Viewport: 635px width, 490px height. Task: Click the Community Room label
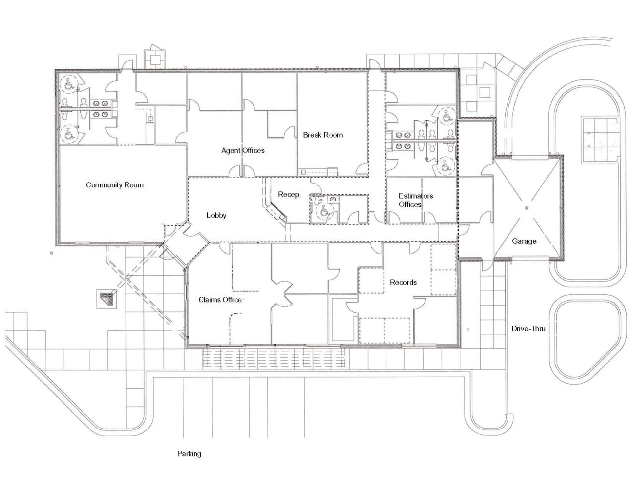pyautogui.click(x=115, y=185)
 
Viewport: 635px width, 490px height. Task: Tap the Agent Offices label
pyautogui.click(x=243, y=150)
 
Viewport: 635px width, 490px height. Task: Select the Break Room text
pyautogui.click(x=322, y=135)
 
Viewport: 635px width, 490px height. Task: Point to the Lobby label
pyautogui.click(x=216, y=215)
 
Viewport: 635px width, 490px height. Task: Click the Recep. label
pyautogui.click(x=289, y=195)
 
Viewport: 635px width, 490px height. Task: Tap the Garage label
pyautogui.click(x=524, y=241)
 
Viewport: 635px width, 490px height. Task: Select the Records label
pyautogui.click(x=403, y=282)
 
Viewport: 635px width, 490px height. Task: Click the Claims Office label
pyautogui.click(x=220, y=300)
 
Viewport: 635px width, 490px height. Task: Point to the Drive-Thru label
pyautogui.click(x=529, y=328)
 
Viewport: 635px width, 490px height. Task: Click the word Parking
pyautogui.click(x=189, y=453)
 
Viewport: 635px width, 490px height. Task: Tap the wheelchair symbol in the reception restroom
pyautogui.click(x=324, y=211)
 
